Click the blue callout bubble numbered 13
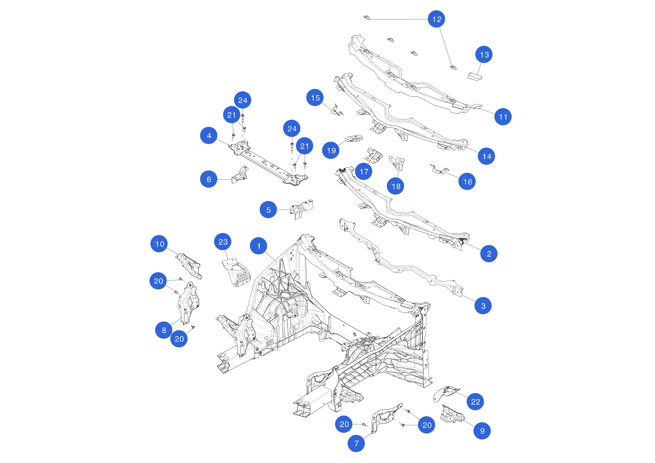click(x=484, y=55)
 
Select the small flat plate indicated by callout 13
click(x=475, y=76)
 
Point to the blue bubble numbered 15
click(x=315, y=98)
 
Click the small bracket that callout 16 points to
click(x=439, y=170)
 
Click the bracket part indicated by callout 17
click(x=374, y=155)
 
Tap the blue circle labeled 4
click(x=209, y=135)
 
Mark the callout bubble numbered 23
click(x=223, y=242)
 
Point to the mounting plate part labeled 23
click(x=236, y=272)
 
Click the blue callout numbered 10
click(x=159, y=244)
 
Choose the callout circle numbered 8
click(x=164, y=330)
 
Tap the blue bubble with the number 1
click(x=259, y=246)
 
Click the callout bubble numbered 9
click(x=482, y=431)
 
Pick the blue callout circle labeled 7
click(x=356, y=443)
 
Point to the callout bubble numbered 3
click(x=483, y=306)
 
